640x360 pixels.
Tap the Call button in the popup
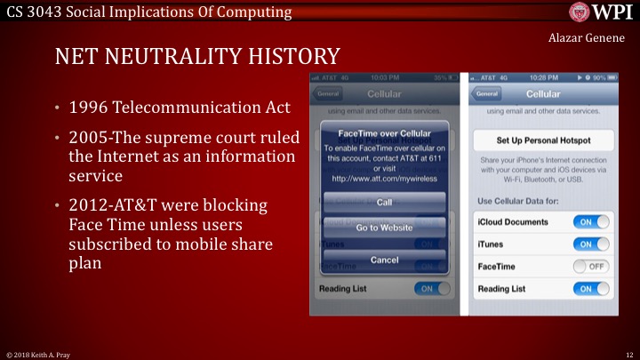click(384, 202)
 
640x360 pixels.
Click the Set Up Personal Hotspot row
click(543, 141)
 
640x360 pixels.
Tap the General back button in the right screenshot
click(486, 93)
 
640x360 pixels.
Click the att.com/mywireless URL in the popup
click(384, 178)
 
